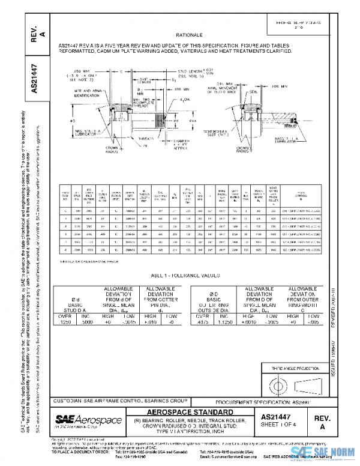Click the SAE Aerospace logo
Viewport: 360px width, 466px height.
(x=88, y=418)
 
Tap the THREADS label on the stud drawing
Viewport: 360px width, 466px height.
(x=143, y=137)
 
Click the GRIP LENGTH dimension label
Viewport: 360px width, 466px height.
(x=131, y=80)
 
